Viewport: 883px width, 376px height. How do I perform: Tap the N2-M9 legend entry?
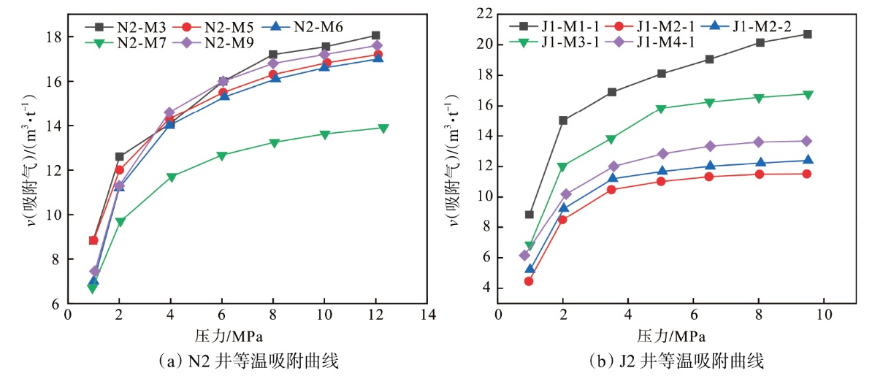coord(219,42)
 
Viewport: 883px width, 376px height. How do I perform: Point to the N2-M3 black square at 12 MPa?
coord(375,35)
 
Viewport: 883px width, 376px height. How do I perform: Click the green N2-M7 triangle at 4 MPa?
coord(171,177)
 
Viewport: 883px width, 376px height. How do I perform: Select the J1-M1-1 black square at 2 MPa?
coord(562,120)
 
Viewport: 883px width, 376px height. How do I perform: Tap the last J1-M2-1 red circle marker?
coord(807,174)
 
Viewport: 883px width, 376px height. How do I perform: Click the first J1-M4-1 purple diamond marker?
coord(524,255)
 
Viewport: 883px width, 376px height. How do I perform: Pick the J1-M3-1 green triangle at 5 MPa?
coord(661,109)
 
